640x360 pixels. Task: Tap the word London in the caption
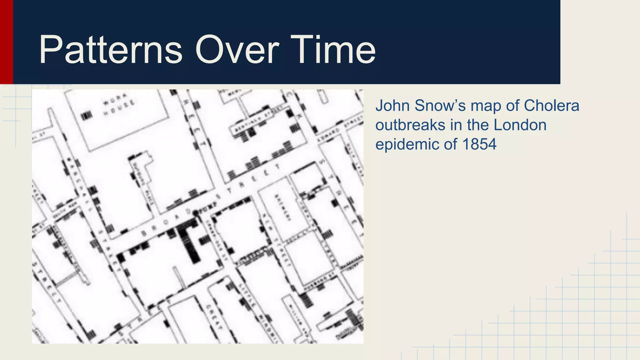(520, 125)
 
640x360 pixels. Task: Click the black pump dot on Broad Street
(196, 213)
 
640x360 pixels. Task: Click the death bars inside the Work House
(87, 116)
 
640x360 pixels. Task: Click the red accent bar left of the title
(6, 42)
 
